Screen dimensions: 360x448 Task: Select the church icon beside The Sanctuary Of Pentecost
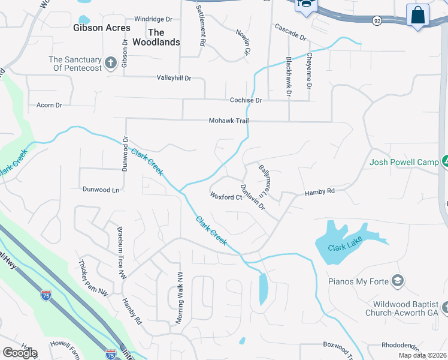[111, 62]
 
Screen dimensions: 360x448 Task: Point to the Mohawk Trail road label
[228, 121]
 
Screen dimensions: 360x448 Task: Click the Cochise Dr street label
[246, 100]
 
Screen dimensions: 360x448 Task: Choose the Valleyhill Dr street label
[174, 78]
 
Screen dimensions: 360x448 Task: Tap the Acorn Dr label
[49, 105]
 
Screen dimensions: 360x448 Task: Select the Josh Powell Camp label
[404, 161]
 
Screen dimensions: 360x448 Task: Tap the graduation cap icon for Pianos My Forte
[397, 281]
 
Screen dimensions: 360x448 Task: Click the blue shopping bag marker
[417, 14]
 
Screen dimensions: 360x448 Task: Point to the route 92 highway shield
[376, 20]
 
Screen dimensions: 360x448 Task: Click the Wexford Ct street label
[226, 196]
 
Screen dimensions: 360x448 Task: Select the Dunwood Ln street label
[101, 190]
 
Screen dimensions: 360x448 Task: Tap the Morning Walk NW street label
[178, 298]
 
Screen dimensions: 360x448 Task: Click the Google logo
[20, 352]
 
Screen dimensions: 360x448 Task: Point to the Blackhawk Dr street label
[288, 77]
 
